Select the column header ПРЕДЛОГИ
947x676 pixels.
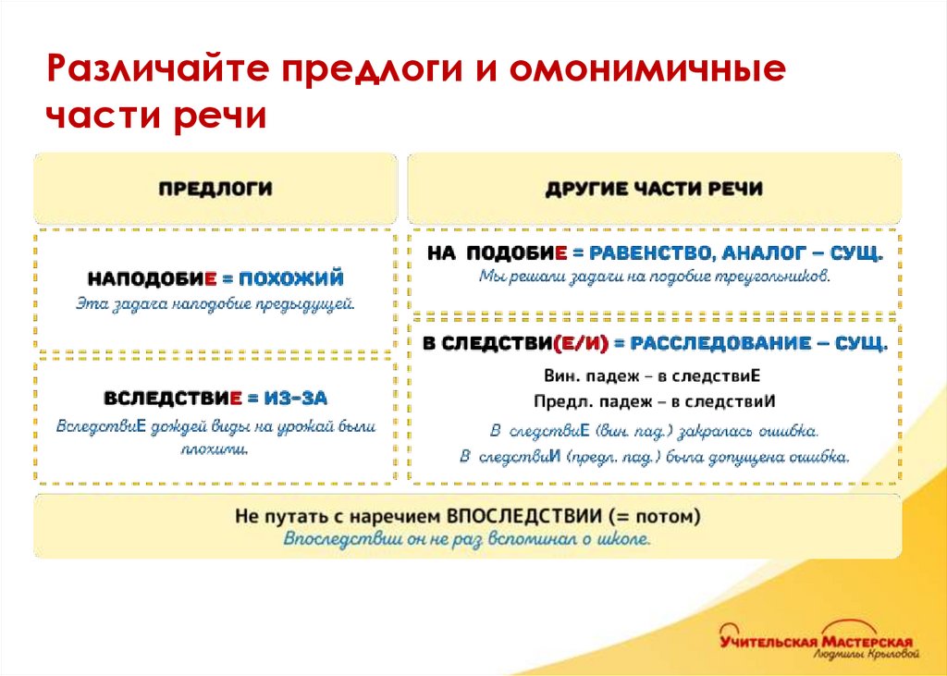[215, 189]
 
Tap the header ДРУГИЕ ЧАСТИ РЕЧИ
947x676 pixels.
[654, 189]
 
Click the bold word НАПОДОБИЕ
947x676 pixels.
[152, 277]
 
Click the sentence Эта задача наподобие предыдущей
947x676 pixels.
[215, 302]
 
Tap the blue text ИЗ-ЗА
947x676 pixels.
[295, 398]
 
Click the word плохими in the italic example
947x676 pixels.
[216, 449]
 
